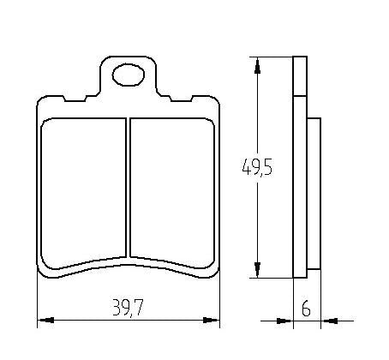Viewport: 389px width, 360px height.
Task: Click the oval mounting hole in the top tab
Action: click(129, 75)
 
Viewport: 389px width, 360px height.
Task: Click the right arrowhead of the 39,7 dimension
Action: click(213, 321)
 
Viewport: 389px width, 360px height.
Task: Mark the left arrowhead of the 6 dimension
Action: click(288, 321)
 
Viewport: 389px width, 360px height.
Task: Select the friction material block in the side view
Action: click(313, 193)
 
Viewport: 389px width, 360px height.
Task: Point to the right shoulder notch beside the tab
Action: click(168, 94)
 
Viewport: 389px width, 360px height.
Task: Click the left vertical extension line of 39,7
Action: click(38, 300)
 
